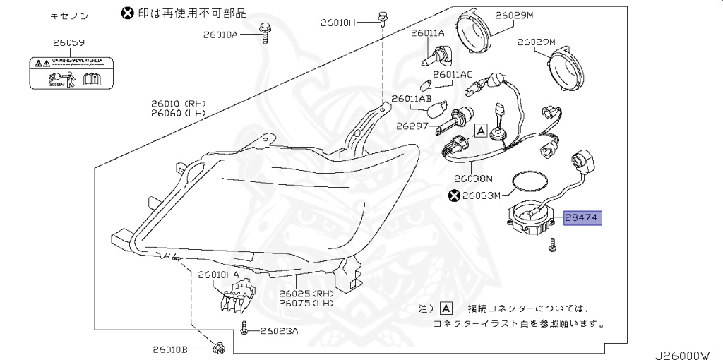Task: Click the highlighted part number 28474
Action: (582, 219)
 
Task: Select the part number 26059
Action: (68, 43)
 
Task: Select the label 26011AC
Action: (453, 73)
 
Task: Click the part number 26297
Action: (413, 126)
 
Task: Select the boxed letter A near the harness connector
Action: (480, 131)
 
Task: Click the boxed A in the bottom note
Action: (446, 308)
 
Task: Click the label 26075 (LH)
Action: (305, 303)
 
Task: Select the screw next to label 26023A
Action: (244, 329)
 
